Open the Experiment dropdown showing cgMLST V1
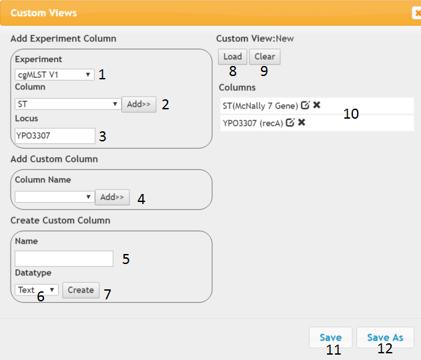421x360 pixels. coord(55,75)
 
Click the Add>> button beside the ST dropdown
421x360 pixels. coord(139,104)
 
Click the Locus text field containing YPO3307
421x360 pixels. coord(55,136)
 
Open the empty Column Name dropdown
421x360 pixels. coord(55,197)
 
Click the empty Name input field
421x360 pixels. coord(64,259)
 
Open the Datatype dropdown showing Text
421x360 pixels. coord(37,290)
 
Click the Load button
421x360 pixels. coord(232,57)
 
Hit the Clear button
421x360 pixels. coord(265,57)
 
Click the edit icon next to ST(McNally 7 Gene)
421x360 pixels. coord(306,105)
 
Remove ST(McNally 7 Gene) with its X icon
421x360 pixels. coord(317,105)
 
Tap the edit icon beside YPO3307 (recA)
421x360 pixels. coord(290,122)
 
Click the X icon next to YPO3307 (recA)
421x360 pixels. coord(302,122)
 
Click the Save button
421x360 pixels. coord(330,337)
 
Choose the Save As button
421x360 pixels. coord(385,337)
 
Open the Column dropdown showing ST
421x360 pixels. coord(68,104)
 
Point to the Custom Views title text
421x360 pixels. coord(43,13)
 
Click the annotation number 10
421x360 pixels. coord(351,114)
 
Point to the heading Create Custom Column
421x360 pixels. coord(61,220)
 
